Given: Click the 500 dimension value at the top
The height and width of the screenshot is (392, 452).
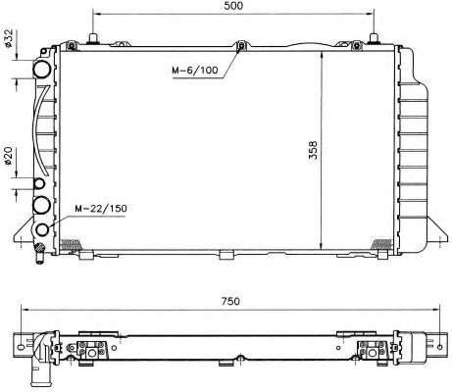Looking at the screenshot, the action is point(233,6).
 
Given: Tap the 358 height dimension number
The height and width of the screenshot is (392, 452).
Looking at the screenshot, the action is point(313,150).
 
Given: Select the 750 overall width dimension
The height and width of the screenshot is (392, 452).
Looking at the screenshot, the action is point(230,301).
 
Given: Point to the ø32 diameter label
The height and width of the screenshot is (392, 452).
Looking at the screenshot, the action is point(8,38).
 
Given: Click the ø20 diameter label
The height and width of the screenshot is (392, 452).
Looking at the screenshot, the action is point(8,156).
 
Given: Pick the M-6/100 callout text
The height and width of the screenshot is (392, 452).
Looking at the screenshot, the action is point(195,70).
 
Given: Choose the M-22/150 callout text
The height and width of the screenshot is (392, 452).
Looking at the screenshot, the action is point(101,209).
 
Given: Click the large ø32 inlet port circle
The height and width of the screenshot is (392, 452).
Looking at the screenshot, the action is point(42,69).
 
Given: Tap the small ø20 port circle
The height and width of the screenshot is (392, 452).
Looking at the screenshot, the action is point(39,184).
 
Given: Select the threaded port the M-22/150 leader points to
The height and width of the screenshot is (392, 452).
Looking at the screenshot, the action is point(42,229).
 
